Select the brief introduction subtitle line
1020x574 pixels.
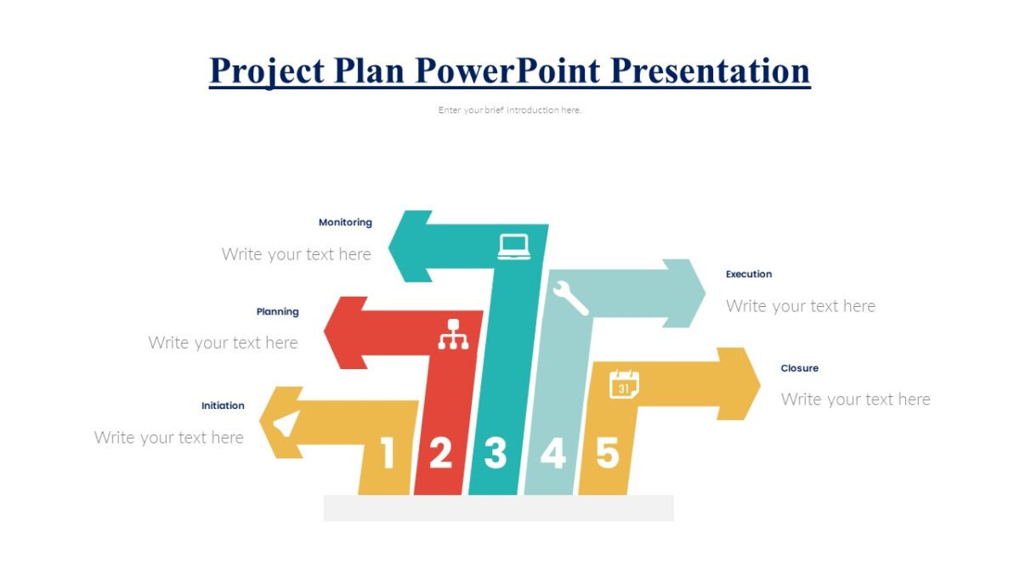tap(510, 110)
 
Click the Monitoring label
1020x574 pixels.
tap(345, 222)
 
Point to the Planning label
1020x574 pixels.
tap(278, 312)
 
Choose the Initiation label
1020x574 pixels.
tap(223, 406)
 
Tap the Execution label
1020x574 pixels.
tap(749, 274)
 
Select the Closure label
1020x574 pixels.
tap(800, 368)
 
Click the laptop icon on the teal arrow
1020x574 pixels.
tap(514, 247)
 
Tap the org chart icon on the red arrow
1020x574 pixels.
tap(453, 334)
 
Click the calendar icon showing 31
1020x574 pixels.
tap(624, 384)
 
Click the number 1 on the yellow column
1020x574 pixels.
tap(388, 453)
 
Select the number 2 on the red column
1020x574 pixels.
tap(440, 453)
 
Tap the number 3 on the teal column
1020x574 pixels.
tap(496, 453)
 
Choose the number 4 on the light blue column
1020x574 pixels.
tap(552, 453)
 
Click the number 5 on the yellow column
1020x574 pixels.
tap(607, 452)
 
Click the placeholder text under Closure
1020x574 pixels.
tap(855, 399)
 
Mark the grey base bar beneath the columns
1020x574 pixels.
tap(499, 508)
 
